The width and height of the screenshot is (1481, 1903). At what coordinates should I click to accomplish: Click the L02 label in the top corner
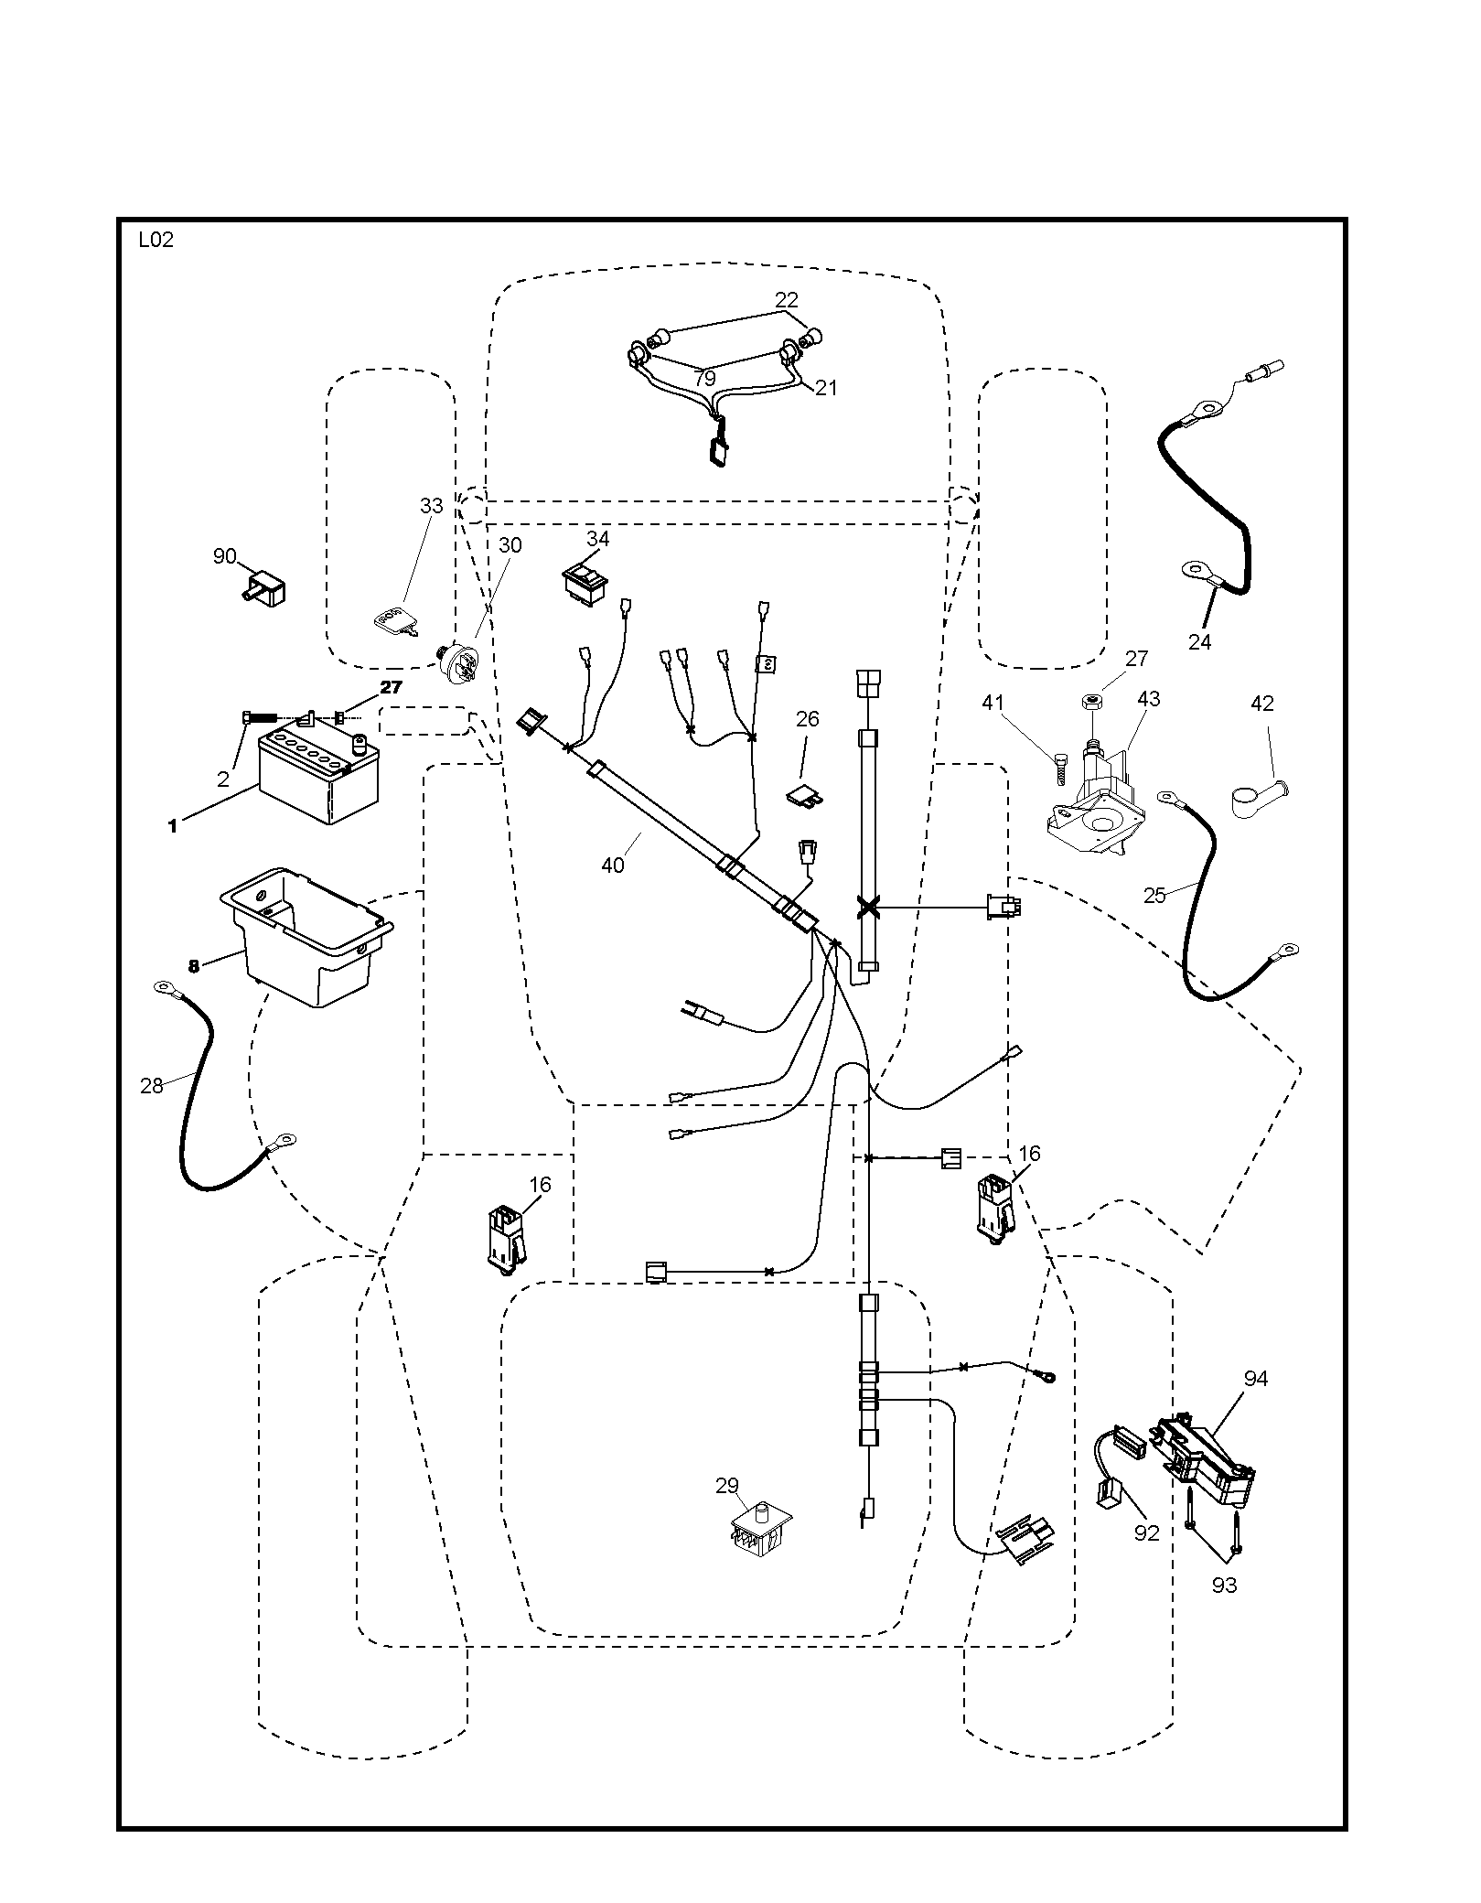tap(156, 241)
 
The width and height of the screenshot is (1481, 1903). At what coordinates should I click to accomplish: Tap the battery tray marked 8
tap(306, 936)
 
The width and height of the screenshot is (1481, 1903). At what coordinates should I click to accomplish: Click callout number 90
tap(224, 556)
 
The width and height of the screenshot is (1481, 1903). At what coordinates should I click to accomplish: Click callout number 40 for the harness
tap(612, 864)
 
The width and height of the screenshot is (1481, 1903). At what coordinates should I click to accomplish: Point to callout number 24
tap(1199, 642)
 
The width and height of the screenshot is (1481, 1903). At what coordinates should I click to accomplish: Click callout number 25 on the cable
tap(1154, 895)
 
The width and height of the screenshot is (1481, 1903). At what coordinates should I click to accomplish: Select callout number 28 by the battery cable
tap(152, 1085)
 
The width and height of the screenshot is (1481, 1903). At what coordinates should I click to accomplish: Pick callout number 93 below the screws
tap(1224, 1585)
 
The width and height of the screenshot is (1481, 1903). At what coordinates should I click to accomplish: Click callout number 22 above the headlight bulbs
tap(787, 299)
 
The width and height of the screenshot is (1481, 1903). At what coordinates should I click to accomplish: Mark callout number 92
tap(1146, 1533)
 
